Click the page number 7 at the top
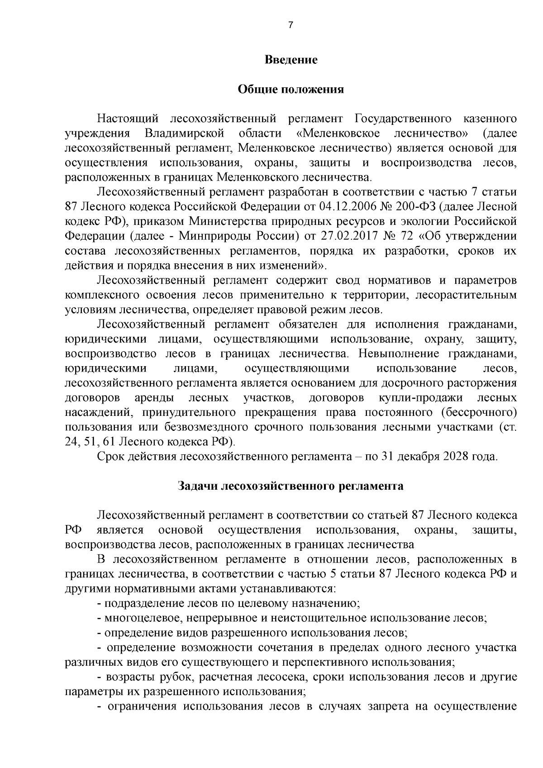coord(291,25)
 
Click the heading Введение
coord(291,60)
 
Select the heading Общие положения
coord(291,90)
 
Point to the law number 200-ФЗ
coord(415,207)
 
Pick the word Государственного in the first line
coord(403,119)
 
